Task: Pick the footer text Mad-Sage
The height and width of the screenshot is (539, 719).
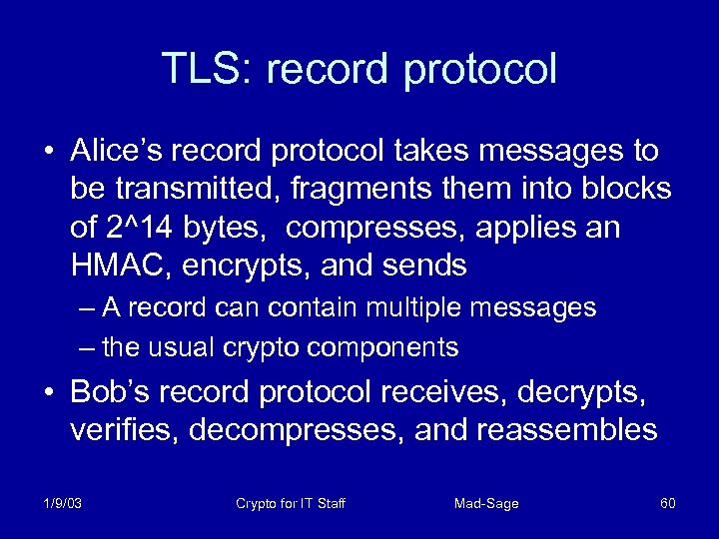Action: tap(486, 503)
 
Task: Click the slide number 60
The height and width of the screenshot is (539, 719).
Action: tap(668, 503)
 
